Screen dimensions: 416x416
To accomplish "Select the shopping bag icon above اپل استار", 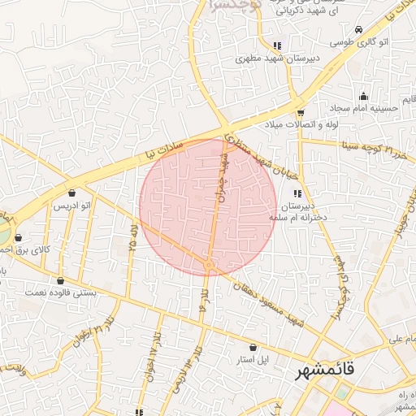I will pos(254,347).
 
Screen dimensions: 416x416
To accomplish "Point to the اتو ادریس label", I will pos(71,206).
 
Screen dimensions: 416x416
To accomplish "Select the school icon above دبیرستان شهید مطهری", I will pos(278,46).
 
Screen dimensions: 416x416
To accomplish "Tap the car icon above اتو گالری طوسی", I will pos(336,40).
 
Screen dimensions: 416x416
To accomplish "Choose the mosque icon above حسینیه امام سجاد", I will pos(363,96).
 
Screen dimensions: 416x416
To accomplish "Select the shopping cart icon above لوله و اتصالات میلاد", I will pos(301,112).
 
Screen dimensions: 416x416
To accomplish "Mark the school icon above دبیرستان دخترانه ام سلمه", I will pos(297,193).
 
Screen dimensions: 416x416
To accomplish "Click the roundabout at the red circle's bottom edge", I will pos(209,266).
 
